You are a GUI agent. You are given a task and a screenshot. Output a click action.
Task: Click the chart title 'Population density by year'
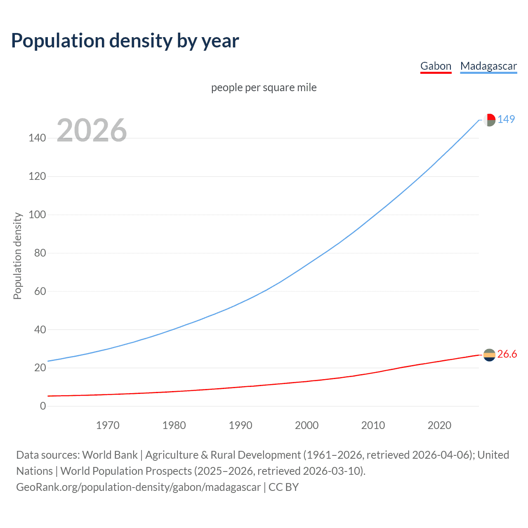point(125,41)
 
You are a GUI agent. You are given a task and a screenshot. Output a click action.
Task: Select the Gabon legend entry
point(436,66)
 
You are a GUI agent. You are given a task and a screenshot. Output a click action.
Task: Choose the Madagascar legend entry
point(488,66)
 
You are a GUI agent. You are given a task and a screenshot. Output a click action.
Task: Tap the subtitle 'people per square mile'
point(264,87)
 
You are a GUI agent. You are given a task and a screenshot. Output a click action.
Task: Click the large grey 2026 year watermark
point(92,130)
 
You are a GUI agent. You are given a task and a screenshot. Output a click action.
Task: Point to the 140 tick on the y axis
point(37,138)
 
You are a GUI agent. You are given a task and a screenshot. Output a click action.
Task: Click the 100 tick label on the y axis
point(37,214)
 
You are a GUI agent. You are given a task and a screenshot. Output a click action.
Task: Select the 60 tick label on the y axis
point(40,291)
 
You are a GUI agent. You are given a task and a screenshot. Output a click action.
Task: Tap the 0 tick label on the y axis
point(43,406)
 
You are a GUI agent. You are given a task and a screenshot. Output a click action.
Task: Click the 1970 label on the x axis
point(108,425)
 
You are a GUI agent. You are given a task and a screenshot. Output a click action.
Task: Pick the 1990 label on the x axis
point(240,425)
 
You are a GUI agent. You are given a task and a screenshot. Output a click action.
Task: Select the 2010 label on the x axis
point(373,425)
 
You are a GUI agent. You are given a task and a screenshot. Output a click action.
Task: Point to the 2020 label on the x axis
point(439,425)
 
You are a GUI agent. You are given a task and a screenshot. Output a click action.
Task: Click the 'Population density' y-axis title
point(17,256)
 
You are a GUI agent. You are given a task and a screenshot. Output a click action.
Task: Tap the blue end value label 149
point(506,119)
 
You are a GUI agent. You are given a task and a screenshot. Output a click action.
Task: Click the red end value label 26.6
point(507,354)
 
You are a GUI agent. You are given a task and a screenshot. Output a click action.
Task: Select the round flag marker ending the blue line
point(489,120)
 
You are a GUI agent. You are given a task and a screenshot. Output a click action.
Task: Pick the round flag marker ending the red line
point(489,355)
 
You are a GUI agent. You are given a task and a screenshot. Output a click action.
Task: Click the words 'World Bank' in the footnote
point(110,455)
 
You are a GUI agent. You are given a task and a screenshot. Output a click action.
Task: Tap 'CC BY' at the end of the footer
point(283,487)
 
